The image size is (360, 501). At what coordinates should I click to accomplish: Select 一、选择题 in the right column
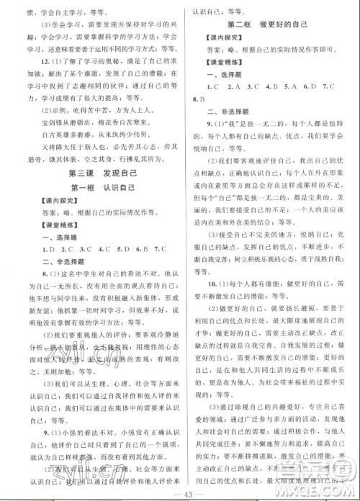[x=212, y=73]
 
